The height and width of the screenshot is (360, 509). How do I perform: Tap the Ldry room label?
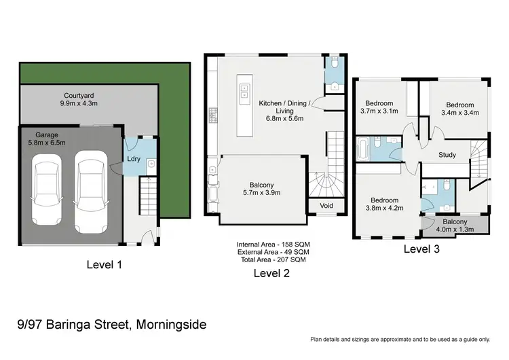click(x=134, y=160)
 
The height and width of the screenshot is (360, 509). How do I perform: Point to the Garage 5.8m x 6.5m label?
click(x=39, y=139)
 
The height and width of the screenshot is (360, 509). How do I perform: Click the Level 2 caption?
click(x=271, y=273)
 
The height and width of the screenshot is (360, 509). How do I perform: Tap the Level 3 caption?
click(x=421, y=249)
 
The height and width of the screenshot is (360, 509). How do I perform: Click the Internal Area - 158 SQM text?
click(x=273, y=244)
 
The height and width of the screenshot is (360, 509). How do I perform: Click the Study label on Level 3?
click(x=447, y=155)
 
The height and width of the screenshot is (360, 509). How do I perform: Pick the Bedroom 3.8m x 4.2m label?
click(x=386, y=204)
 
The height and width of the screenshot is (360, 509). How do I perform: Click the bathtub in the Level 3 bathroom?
click(x=362, y=149)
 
